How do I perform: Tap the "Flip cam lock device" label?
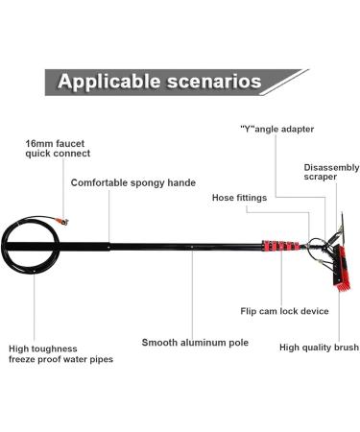point(284,310)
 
